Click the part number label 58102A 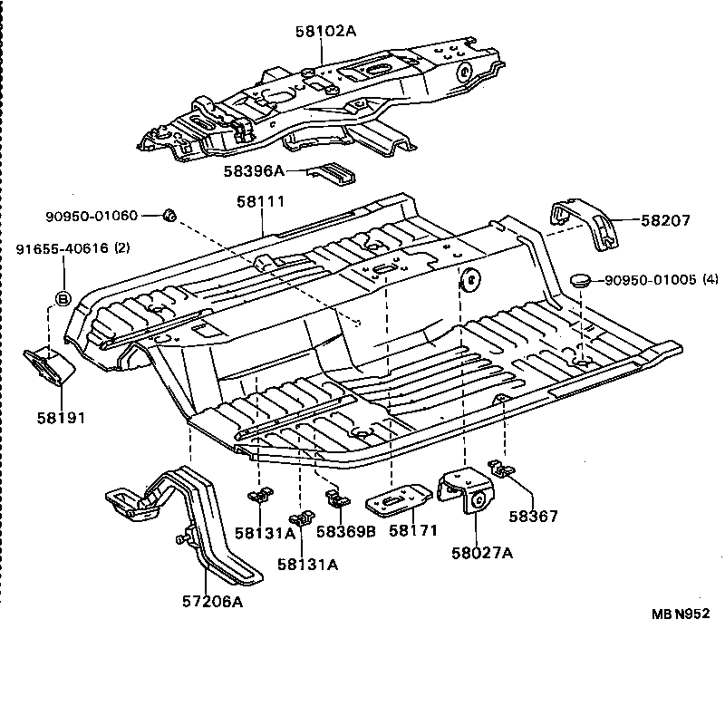click(x=325, y=31)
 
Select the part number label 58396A click(x=254, y=169)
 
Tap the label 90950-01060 click(x=92, y=216)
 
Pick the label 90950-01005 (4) click(x=661, y=280)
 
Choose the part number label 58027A click(x=482, y=553)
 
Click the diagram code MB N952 click(x=680, y=614)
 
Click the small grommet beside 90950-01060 click(x=168, y=215)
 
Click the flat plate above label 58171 click(x=400, y=499)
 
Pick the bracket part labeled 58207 click(x=585, y=224)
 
